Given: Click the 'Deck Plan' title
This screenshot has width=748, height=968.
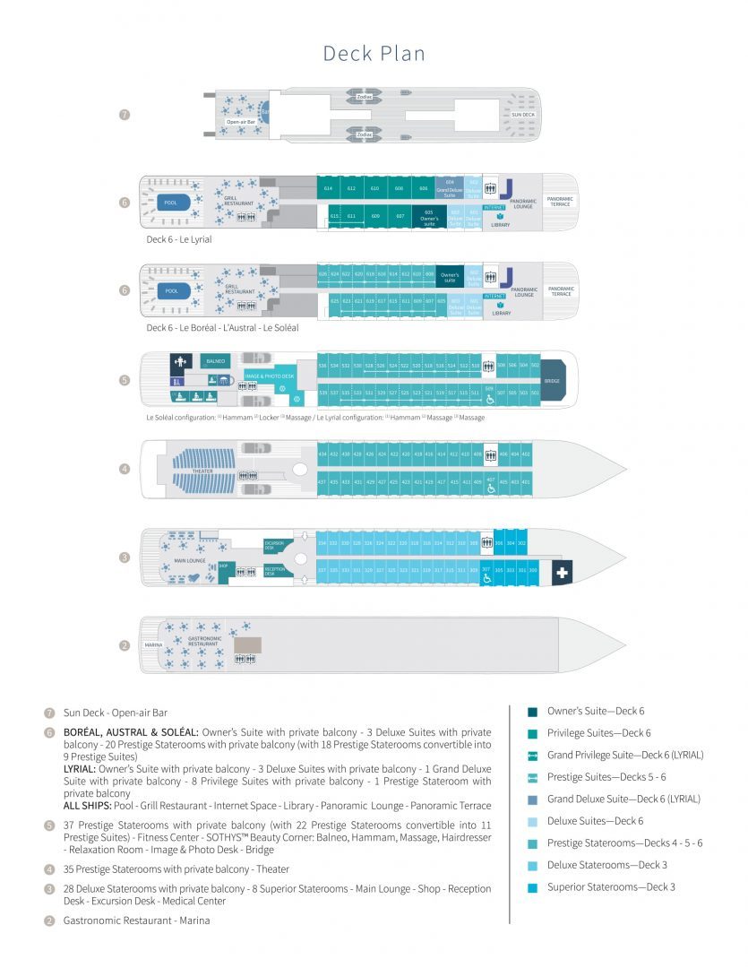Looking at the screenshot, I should pos(374,54).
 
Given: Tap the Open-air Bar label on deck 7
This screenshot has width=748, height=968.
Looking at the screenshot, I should pos(240,122).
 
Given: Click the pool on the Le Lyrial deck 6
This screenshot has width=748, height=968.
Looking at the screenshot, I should pos(171,203).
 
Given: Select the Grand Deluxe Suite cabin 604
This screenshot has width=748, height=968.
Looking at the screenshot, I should pos(449,188).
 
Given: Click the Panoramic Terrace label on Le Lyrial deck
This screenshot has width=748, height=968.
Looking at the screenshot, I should pos(561,203).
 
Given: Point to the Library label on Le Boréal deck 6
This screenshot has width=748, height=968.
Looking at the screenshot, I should pos(501,313).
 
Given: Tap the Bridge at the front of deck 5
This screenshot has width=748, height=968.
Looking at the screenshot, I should pos(552,380).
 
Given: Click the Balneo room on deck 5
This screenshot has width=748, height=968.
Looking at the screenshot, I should pos(216,361).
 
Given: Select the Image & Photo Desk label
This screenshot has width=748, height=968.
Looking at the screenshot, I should pos(270,376).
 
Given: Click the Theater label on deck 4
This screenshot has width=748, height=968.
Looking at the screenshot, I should pos(202,471).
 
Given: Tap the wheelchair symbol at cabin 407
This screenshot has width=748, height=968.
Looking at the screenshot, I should pos(490,490).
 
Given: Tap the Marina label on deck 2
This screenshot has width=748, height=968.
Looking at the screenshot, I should pos(154,644).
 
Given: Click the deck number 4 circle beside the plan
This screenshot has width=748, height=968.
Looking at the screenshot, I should pos(125,469).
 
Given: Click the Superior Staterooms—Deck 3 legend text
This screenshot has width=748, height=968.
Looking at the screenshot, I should pos(611,887).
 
